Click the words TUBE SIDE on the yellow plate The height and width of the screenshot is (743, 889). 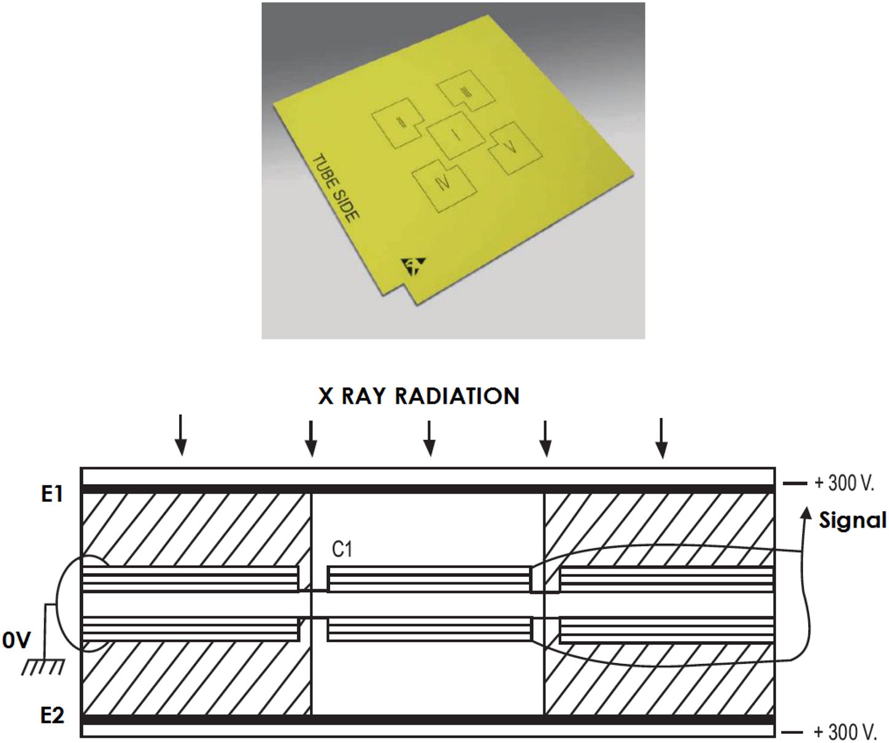pyautogui.click(x=336, y=187)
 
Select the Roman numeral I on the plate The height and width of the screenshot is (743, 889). pyautogui.click(x=456, y=135)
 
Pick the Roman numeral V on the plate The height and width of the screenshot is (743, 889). pyautogui.click(x=510, y=147)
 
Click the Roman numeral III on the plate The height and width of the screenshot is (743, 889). pyautogui.click(x=466, y=93)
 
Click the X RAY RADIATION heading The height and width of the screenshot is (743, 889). pyautogui.click(x=419, y=396)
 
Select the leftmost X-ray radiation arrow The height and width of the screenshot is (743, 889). pyautogui.click(x=180, y=436)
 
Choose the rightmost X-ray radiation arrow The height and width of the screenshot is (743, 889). pyautogui.click(x=661, y=438)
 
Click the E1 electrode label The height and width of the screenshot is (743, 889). pyautogui.click(x=52, y=493)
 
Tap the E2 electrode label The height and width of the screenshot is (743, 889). pyautogui.click(x=52, y=715)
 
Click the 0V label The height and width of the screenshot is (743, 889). pyautogui.click(x=16, y=641)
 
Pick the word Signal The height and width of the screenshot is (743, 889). pyautogui.click(x=852, y=520)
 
